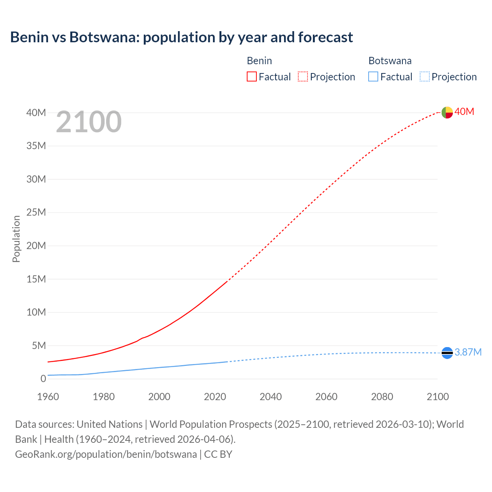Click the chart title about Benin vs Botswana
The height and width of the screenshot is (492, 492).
pos(181,37)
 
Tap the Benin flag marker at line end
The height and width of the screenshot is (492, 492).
pos(447,112)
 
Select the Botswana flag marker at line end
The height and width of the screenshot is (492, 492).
pos(447,352)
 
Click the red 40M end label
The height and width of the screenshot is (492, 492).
pos(464,112)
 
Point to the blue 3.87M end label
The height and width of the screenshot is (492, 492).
pos(468,352)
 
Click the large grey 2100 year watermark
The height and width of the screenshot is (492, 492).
pos(89,122)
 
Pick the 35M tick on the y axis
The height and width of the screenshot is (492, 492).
pos(36,146)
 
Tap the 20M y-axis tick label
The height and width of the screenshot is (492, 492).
pos(36,246)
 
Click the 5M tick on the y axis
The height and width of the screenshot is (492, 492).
pos(38,346)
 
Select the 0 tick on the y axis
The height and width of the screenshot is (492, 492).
pos(43,379)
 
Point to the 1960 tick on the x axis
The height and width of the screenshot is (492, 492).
pos(48,397)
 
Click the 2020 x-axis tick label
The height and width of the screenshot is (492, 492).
pos(215,397)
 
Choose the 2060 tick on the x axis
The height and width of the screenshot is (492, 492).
pos(326,397)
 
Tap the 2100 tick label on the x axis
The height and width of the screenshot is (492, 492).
pos(437,397)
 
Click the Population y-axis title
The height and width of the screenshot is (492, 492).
pos(16,239)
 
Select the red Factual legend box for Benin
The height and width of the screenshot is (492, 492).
pos(252,76)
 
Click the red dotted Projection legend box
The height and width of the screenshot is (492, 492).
pos(303,76)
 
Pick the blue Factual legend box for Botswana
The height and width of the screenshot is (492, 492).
pos(373,76)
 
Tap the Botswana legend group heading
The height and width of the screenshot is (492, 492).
pos(390,61)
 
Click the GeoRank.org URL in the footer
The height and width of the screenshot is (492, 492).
pos(106,454)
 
